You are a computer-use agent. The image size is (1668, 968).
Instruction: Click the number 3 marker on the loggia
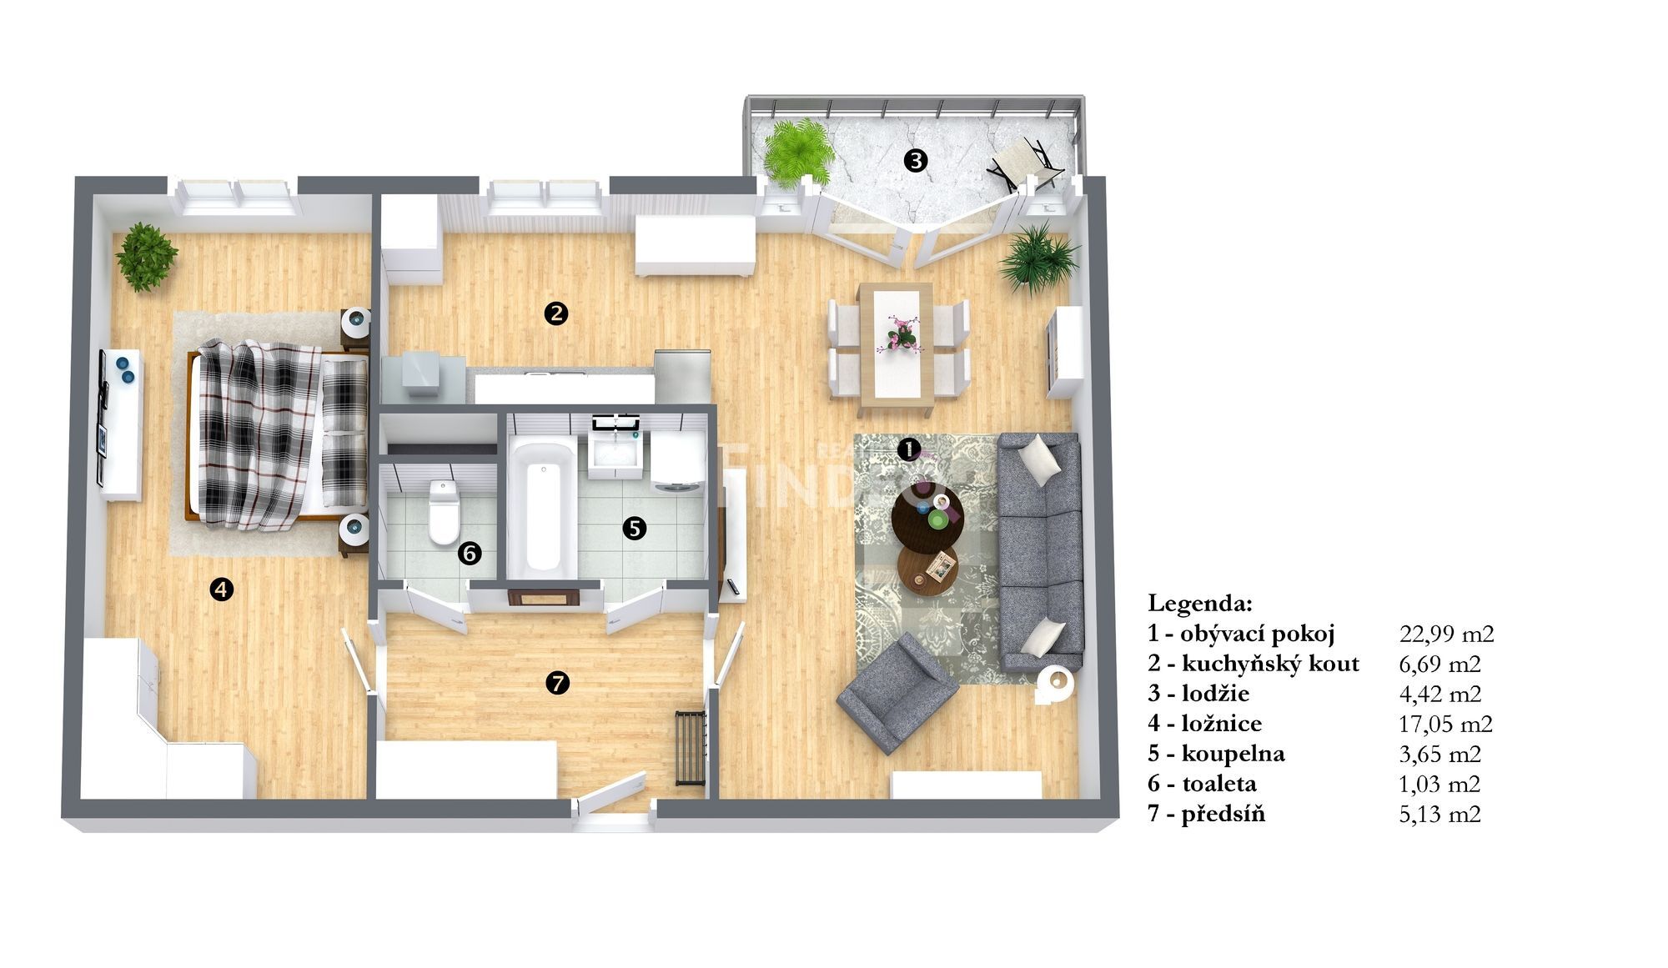[x=916, y=160]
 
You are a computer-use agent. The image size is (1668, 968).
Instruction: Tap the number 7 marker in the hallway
[x=557, y=684]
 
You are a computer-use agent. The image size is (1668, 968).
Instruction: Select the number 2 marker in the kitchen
[x=555, y=313]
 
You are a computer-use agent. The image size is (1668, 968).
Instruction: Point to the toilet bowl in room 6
[x=443, y=511]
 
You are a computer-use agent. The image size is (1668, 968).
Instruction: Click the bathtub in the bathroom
[x=541, y=507]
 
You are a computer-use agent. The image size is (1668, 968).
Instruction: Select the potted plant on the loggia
[x=799, y=153]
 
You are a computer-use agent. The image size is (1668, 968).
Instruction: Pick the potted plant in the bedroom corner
[x=147, y=256]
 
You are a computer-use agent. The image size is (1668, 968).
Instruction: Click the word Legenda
[x=1199, y=603]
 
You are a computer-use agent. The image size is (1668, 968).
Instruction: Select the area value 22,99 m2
[x=1446, y=634]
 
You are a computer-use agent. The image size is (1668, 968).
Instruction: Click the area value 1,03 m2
[x=1439, y=784]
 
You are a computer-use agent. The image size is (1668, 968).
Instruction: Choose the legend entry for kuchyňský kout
[x=1254, y=664]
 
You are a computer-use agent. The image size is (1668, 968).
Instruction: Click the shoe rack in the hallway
[x=690, y=747]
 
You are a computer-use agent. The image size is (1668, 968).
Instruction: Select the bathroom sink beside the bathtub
[x=615, y=453]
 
